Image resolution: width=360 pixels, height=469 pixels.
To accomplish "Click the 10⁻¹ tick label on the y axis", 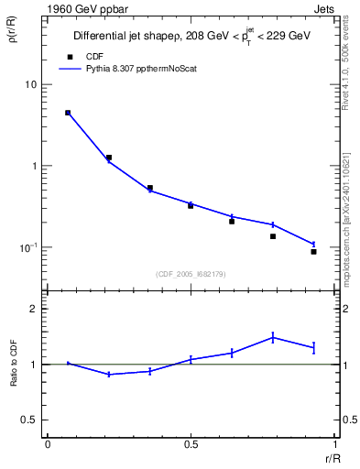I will click(x=30, y=247).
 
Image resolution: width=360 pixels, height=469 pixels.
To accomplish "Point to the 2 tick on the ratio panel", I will click(x=38, y=309).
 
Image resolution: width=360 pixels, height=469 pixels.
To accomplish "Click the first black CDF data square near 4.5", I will click(x=68, y=113).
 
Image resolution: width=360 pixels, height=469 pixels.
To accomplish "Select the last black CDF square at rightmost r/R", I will click(x=313, y=251).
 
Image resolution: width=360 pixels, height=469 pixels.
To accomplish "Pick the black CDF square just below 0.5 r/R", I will click(x=191, y=205).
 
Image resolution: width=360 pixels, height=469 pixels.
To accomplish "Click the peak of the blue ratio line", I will click(x=273, y=337).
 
